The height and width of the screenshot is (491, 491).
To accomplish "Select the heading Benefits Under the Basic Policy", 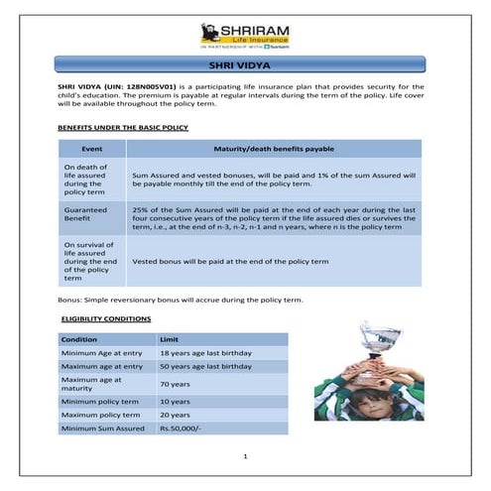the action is [122, 128].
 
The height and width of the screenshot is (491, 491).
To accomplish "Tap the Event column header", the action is [91, 148].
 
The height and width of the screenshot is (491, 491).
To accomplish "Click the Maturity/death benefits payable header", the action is [274, 148].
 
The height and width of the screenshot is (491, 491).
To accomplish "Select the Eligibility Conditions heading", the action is [106, 318].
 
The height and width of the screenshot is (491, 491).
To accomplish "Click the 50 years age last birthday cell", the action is [205, 367].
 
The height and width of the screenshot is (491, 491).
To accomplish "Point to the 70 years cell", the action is [175, 384].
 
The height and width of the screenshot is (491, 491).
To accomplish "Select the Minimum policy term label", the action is [97, 401].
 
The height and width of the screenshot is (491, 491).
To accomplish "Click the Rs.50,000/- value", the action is [180, 429].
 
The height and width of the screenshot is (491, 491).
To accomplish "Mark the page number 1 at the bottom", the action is [245, 457].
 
